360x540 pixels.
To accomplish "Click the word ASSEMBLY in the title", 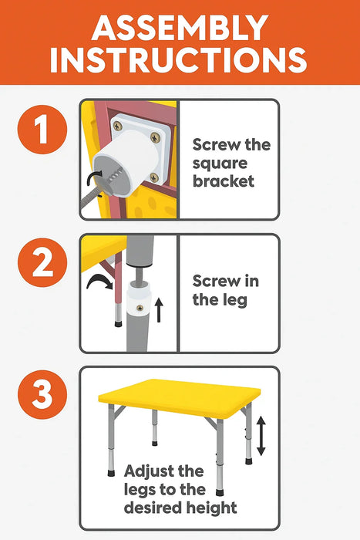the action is tap(180, 28).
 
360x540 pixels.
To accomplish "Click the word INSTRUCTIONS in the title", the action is tap(178, 60).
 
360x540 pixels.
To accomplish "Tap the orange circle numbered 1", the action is tap(42, 130).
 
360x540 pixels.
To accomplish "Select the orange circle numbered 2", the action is tap(42, 262).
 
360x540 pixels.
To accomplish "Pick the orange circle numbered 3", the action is tap(42, 394).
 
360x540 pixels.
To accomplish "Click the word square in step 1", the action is tap(220, 164).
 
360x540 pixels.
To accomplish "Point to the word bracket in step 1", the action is tap(224, 181).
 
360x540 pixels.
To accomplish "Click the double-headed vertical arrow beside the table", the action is tap(261, 436).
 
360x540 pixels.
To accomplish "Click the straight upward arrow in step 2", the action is tap(159, 310).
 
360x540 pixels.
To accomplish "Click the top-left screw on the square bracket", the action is tap(118, 126).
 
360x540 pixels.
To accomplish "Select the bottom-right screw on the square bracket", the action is tap(154, 177).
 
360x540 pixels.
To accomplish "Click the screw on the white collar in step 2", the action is tap(140, 308).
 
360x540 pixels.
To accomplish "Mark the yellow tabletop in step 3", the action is tap(180, 399).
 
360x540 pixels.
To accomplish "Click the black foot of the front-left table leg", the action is tap(111, 473).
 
